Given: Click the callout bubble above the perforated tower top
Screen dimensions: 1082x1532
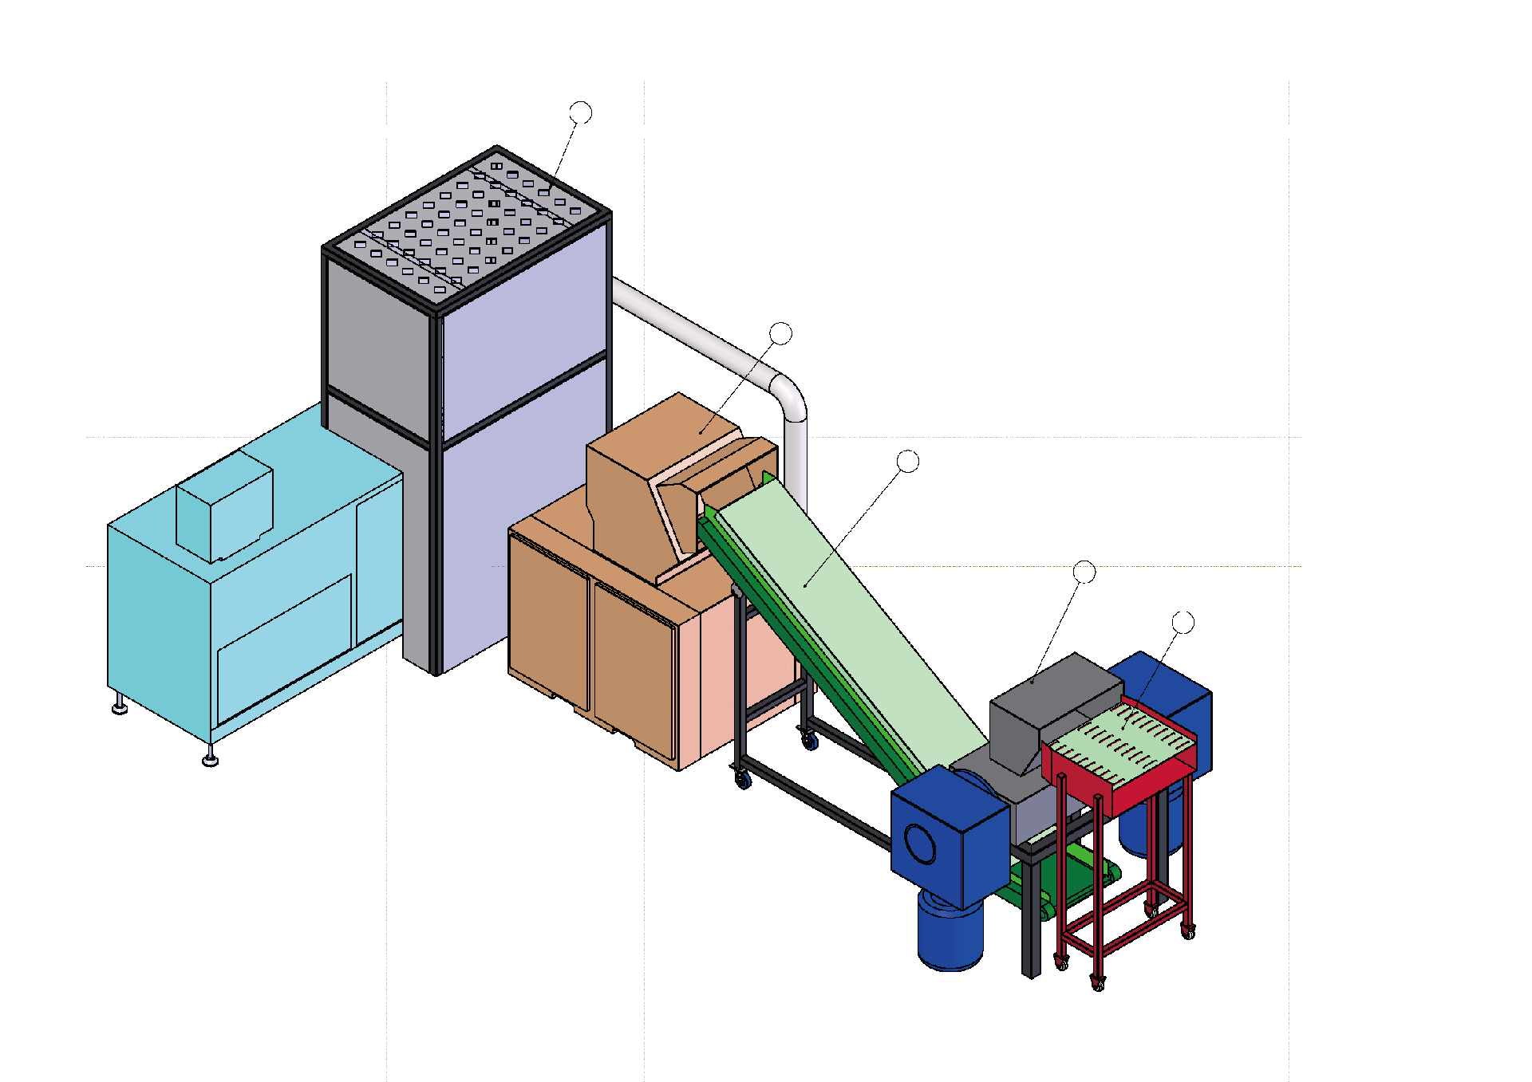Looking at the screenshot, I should tap(581, 112).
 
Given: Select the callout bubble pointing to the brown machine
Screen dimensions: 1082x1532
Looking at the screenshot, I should tap(780, 333).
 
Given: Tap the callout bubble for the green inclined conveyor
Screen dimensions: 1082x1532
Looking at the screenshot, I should tap(908, 461).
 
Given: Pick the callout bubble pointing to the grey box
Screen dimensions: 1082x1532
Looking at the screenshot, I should tap(1084, 572).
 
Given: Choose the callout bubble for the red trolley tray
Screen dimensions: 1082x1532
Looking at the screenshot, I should tap(1183, 622).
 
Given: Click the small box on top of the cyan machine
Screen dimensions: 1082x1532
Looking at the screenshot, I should tap(225, 506).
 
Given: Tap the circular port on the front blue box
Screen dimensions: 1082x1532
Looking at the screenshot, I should tap(920, 844).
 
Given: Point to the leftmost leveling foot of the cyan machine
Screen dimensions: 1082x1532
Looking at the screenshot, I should tap(120, 706).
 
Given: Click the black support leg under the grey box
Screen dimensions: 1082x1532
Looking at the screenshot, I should tap(1031, 917).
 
